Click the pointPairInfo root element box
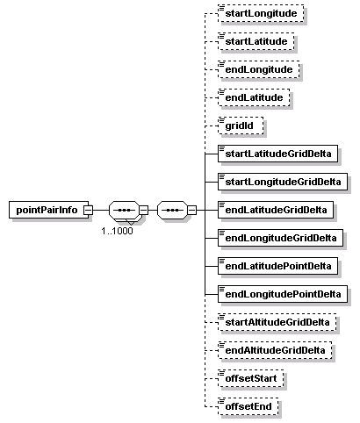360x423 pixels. [x=48, y=210]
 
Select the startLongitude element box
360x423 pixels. [x=261, y=13]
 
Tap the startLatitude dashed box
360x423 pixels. [x=256, y=41]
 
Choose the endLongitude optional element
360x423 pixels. [x=259, y=69]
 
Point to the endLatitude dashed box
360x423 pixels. [x=254, y=97]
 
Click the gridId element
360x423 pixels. [x=241, y=125]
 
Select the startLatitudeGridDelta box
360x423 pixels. [x=277, y=154]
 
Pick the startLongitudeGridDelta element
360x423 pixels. [x=283, y=182]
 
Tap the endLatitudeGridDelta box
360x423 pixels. [x=276, y=210]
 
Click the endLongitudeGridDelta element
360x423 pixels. [x=280, y=238]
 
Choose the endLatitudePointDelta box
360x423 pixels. [x=277, y=266]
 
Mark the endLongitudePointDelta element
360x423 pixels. [x=283, y=294]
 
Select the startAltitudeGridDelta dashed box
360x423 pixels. [x=277, y=322]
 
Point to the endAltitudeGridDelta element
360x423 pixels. [x=275, y=350]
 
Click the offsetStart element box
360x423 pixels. [x=250, y=378]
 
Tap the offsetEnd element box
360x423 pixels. [x=248, y=406]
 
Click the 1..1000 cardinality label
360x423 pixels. [x=117, y=231]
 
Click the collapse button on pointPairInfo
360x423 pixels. [x=89, y=210]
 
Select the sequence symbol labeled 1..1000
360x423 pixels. [x=124, y=210]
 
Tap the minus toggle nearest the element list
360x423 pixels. [x=191, y=210]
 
